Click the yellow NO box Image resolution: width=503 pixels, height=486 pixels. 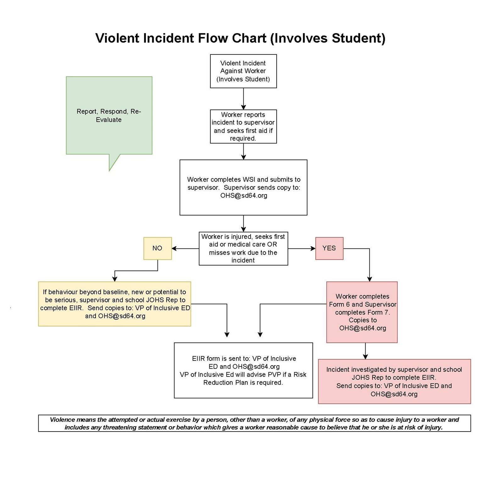tap(158, 248)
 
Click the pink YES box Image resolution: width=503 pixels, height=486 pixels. tap(329, 248)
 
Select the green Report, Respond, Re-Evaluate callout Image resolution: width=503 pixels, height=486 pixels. tap(109, 115)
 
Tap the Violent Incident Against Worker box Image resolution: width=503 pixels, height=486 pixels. tap(243, 71)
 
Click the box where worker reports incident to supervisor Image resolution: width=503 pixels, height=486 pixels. tap(243, 126)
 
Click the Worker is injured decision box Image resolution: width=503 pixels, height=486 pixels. tap(243, 249)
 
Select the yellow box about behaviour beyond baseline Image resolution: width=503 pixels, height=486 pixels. tap(114, 304)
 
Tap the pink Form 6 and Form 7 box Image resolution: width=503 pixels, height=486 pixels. tap(362, 312)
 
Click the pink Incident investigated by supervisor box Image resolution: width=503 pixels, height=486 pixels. tap(394, 382)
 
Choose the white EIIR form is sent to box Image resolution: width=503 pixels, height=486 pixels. tap(243, 370)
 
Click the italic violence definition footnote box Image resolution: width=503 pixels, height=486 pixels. tap(254, 423)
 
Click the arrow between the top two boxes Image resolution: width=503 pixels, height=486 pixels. tap(243, 99)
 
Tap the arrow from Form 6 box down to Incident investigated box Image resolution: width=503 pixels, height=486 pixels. tap(365, 351)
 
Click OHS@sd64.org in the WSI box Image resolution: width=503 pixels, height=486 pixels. tap(244, 196)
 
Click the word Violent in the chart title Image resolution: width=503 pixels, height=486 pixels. tap(117, 38)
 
